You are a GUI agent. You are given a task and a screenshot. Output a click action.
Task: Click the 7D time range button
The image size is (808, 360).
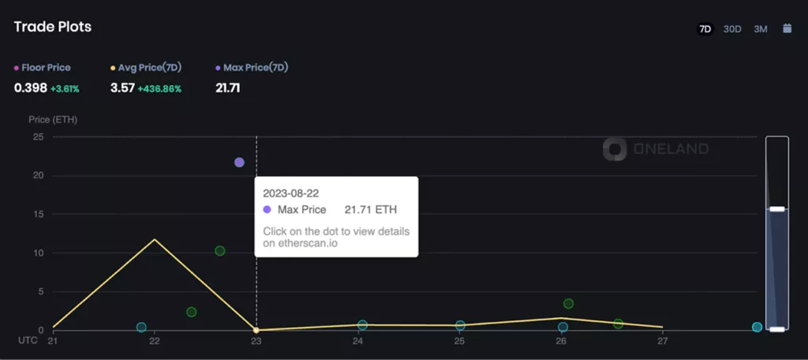(x=705, y=29)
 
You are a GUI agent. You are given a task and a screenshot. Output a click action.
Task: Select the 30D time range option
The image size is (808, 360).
(x=732, y=29)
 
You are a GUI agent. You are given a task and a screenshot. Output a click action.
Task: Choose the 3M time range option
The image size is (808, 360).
(x=760, y=29)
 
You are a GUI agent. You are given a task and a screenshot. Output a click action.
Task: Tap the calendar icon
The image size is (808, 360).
(x=787, y=28)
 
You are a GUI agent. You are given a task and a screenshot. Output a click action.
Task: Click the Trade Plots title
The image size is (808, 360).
(x=53, y=27)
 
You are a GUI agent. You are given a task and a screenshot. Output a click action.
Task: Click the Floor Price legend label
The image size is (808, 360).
(x=46, y=68)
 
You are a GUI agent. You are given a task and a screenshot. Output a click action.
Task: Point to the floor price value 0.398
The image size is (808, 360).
(x=30, y=88)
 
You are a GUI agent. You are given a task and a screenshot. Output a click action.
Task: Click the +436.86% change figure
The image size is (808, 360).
(x=159, y=88)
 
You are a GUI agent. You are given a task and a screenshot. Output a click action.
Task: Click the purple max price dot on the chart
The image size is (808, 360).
(x=239, y=163)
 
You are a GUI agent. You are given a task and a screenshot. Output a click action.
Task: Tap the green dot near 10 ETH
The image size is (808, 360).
(x=220, y=251)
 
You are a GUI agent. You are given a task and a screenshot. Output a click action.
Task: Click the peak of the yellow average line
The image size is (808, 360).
(x=155, y=239)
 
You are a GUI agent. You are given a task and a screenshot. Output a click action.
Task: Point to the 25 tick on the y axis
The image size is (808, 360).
(x=37, y=137)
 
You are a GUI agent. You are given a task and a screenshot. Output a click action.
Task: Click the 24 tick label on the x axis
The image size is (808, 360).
(x=357, y=341)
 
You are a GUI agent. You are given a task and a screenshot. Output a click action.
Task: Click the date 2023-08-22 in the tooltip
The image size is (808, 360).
(x=291, y=193)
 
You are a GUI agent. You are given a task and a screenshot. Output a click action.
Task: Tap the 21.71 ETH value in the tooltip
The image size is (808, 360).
(x=371, y=210)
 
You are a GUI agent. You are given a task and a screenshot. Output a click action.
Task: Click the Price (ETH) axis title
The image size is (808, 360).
(x=53, y=120)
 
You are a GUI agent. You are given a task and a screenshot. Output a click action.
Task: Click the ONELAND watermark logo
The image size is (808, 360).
(x=656, y=148)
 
